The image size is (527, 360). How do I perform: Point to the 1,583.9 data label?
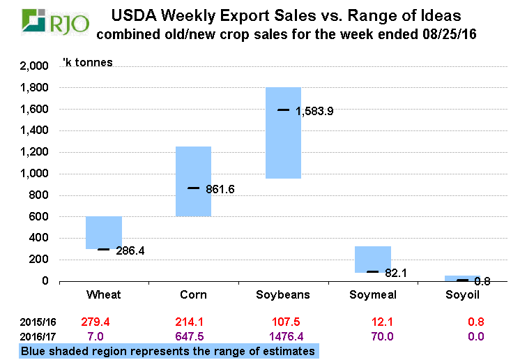click(x=314, y=111)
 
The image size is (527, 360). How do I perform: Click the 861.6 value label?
click(x=220, y=189)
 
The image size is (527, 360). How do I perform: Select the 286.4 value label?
click(x=130, y=250)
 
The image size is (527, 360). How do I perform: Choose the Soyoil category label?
click(x=462, y=294)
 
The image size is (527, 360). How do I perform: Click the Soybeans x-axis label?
click(x=283, y=294)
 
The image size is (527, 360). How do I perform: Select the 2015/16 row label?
click(x=38, y=322)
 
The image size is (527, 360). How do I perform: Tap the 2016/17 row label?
click(x=38, y=336)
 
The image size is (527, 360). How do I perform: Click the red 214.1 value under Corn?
click(x=193, y=322)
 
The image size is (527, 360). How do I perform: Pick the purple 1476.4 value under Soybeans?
click(x=283, y=336)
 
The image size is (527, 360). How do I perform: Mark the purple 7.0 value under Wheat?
click(x=104, y=336)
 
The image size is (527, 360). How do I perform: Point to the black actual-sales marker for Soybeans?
click(x=283, y=110)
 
